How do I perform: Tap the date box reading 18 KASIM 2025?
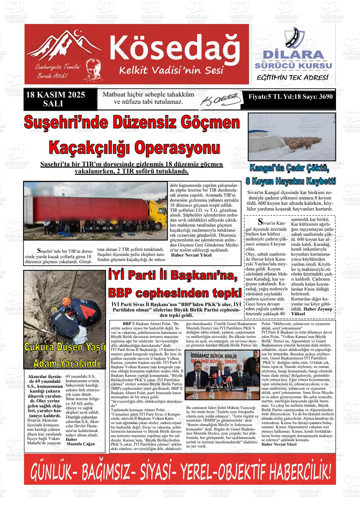[x=56, y=95]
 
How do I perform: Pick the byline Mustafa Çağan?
[x=81, y=444]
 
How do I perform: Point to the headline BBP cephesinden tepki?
[x=174, y=293]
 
